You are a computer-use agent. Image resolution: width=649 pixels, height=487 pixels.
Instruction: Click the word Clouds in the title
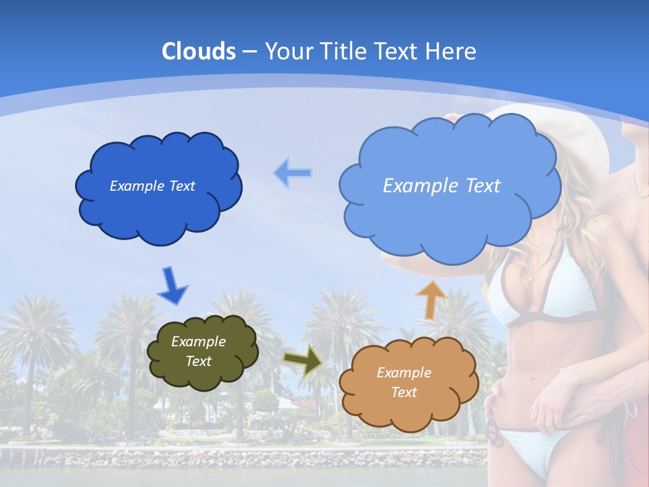pyautogui.click(x=199, y=51)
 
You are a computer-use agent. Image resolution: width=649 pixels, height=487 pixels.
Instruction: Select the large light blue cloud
pyautogui.click(x=450, y=216)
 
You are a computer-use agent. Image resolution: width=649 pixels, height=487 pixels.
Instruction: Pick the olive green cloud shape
pyautogui.click(x=203, y=375)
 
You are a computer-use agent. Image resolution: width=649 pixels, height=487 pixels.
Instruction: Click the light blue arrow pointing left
pyautogui.click(x=293, y=172)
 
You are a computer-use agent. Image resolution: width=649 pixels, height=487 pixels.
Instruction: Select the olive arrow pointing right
pyautogui.click(x=302, y=361)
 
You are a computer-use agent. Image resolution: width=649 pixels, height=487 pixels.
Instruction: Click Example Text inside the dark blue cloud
pyautogui.click(x=152, y=186)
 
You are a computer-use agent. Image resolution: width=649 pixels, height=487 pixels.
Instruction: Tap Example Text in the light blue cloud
pyautogui.click(x=441, y=186)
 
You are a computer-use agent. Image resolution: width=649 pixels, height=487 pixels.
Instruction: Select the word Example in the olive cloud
pyautogui.click(x=198, y=342)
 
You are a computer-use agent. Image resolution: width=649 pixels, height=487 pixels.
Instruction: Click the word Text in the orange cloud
pyautogui.click(x=404, y=392)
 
